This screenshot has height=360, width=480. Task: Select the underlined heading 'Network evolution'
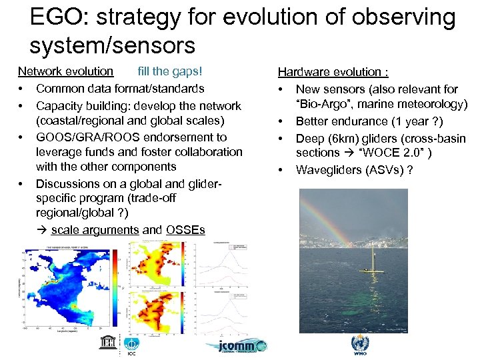click(65, 71)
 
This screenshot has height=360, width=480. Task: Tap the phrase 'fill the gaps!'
click(169, 71)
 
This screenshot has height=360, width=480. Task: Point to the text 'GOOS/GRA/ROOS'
click(79, 137)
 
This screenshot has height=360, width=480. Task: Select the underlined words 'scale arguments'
click(95, 230)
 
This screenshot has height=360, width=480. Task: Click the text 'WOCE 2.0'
click(400, 153)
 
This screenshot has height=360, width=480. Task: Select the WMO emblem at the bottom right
click(359, 344)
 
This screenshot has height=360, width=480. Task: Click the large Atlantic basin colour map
click(70, 287)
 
